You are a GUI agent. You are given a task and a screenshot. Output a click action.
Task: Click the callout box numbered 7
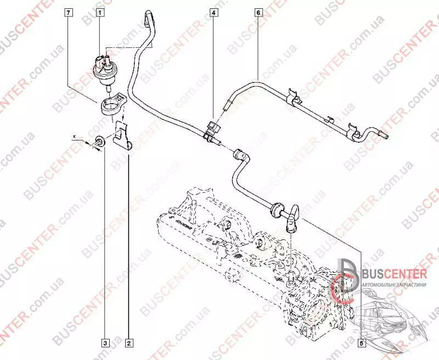click(68, 11)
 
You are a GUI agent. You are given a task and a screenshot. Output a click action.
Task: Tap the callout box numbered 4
click(213, 11)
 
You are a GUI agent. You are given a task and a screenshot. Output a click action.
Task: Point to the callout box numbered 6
click(258, 11)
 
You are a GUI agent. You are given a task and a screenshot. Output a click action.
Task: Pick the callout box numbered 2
click(129, 343)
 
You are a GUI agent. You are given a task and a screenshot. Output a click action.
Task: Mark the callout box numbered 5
click(361, 343)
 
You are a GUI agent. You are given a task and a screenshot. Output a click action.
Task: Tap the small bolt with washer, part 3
click(100, 141)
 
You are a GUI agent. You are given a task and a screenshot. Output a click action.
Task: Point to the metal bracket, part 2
click(125, 137)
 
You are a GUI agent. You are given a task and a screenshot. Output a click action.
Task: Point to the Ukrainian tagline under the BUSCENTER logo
click(394, 286)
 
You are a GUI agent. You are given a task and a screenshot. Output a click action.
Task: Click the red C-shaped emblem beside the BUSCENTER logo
click(345, 285)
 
